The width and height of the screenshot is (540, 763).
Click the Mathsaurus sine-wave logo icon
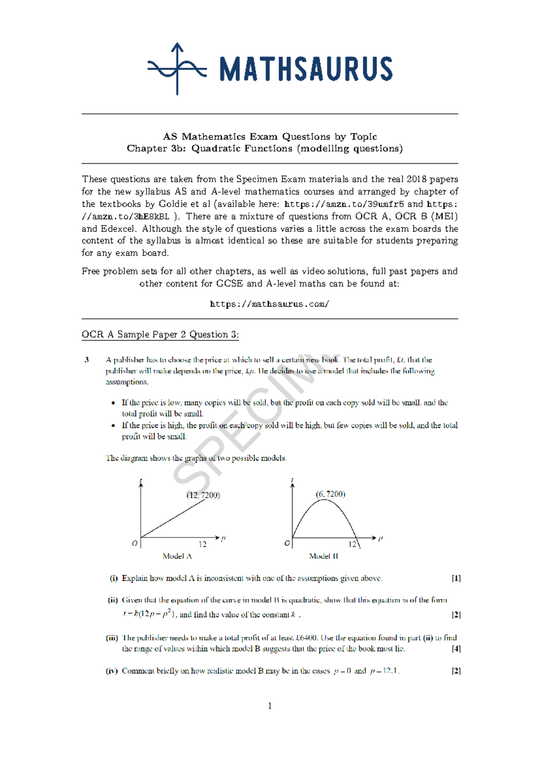[177, 69]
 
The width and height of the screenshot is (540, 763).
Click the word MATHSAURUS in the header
[306, 69]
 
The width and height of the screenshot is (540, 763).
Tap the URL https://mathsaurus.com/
[270, 304]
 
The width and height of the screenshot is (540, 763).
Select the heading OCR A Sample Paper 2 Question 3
[160, 334]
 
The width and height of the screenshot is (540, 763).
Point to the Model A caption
[177, 556]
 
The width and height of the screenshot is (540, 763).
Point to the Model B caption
[323, 556]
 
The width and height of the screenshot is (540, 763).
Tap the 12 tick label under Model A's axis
[202, 544]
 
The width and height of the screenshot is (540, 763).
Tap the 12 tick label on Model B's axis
[352, 544]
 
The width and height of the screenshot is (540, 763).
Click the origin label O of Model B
[287, 543]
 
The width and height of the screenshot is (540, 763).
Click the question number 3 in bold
[86, 360]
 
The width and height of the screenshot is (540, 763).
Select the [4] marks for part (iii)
[456, 649]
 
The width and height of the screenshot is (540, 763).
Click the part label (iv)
[112, 671]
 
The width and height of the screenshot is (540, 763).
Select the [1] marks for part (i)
[456, 578]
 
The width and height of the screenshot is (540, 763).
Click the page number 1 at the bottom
[270, 706]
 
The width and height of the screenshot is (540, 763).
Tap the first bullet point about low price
[113, 403]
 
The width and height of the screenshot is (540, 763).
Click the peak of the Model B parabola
[324, 500]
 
